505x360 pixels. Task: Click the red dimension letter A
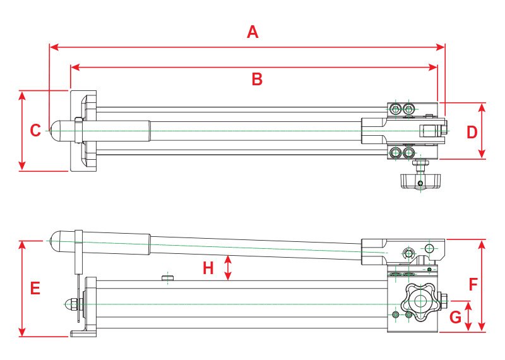pos(252,32)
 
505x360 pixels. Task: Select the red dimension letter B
pos(256,80)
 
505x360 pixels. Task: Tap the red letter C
pos(35,131)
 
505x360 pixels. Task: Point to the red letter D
pos(472,132)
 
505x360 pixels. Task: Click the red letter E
pos(35,289)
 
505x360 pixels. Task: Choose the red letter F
pos(473,285)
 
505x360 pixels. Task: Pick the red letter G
pos(455,317)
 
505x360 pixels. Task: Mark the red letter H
pos(208,268)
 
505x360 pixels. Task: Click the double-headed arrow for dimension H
pos(229,267)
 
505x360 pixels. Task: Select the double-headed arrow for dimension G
pos(468,316)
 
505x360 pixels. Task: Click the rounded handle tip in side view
pos(57,239)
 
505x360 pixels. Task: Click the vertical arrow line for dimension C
pos(23,131)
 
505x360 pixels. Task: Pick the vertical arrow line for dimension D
pos(483,131)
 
